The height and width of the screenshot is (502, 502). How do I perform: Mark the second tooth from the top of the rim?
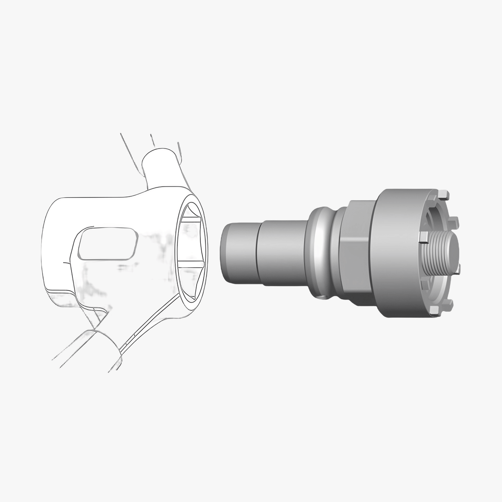coord(455,220)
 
